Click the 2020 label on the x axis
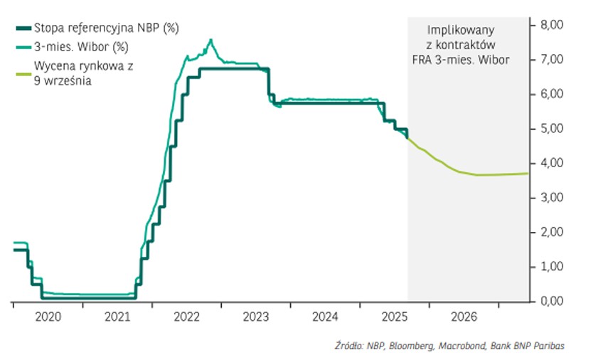coord(48,316)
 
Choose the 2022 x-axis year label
coord(186,316)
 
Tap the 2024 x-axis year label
coord(324,316)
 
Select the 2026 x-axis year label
coord(462,316)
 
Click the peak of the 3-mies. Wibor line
coord(210,40)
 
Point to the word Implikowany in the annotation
coord(461,31)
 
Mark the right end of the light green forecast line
coord(528,173)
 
